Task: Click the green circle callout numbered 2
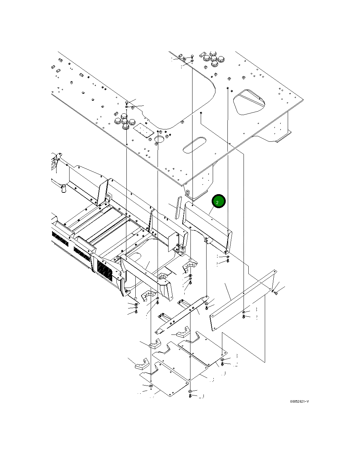click(x=219, y=202)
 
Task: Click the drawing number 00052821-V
click(x=299, y=402)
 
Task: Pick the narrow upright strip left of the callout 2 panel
click(x=177, y=207)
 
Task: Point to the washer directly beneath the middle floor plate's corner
click(x=190, y=391)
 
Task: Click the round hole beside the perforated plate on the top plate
click(x=159, y=139)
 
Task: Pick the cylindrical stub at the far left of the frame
click(x=63, y=188)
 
